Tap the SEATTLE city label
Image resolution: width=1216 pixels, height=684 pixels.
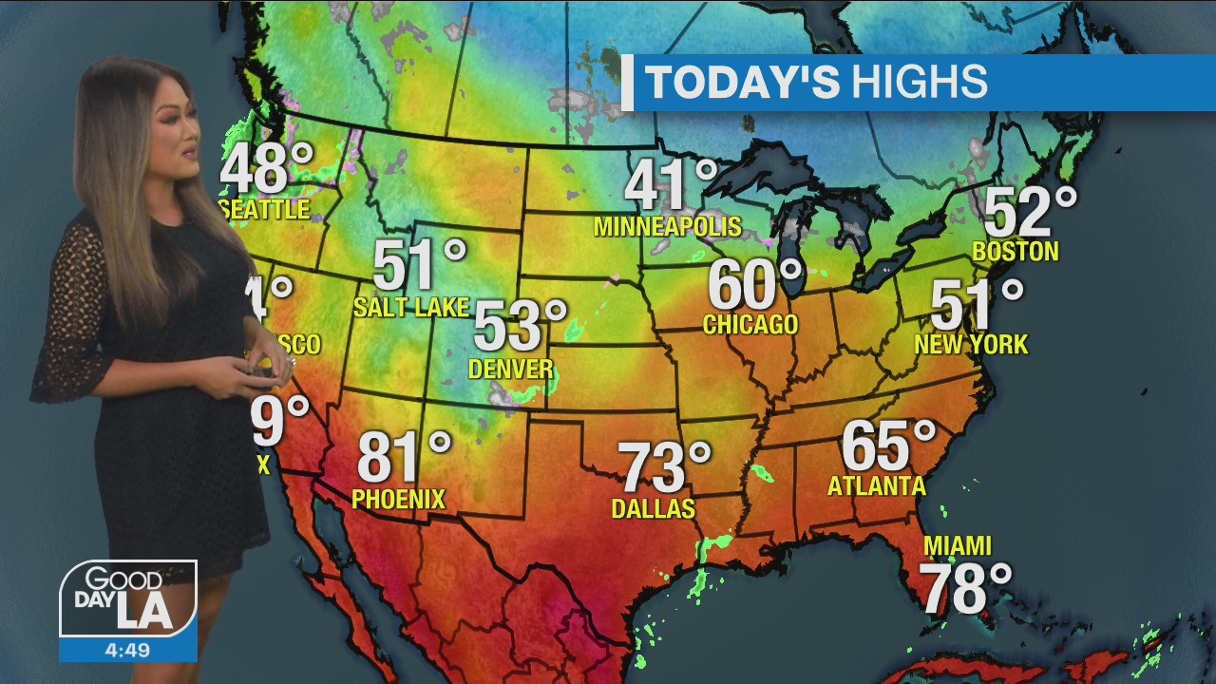click(265, 209)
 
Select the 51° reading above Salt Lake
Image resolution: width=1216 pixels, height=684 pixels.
click(419, 266)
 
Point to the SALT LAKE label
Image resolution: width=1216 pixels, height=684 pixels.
click(411, 307)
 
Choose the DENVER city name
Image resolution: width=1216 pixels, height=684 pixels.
click(511, 369)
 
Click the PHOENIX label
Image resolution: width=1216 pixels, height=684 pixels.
click(398, 499)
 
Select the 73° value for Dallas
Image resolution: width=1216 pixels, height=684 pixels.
click(664, 467)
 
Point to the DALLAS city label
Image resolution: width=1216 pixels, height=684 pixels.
click(654, 509)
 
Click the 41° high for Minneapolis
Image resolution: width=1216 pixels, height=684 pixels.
click(671, 185)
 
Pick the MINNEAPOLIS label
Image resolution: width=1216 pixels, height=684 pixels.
click(667, 227)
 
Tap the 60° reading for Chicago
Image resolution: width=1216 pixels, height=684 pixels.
click(754, 284)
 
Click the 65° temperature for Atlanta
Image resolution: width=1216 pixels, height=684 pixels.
click(888, 446)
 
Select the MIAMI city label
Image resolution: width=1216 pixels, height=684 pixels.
click(958, 546)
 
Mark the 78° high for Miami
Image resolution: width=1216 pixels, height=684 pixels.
click(964, 589)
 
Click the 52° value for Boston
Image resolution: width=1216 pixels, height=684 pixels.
click(1030, 212)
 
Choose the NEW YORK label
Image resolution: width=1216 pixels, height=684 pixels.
click(971, 344)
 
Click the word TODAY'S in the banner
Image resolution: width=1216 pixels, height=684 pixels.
click(743, 83)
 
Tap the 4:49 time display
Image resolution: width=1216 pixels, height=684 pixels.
click(128, 650)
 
